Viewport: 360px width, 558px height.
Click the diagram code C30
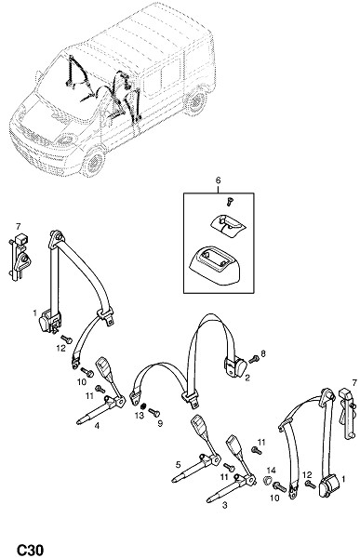coord(31,549)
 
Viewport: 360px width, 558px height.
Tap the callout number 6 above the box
coord(218,180)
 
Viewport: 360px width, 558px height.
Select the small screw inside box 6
coord(229,202)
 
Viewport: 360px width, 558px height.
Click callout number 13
coord(140,416)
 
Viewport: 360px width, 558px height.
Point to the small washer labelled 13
coord(144,406)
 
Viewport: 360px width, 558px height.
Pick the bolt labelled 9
coord(154,412)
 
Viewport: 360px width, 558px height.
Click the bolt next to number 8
coord(254,359)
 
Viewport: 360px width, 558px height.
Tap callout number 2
coord(247,378)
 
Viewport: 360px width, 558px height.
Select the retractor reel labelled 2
coord(235,367)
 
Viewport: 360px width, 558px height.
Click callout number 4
coord(97,426)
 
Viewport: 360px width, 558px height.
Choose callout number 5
coord(178,464)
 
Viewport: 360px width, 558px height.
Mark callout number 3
coord(224,505)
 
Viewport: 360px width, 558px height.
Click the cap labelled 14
coord(269,481)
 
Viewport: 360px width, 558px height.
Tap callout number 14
coord(271,470)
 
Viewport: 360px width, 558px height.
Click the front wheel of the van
coord(93,164)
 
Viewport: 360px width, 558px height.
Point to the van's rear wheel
coord(195,101)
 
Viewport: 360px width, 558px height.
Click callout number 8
coord(262,353)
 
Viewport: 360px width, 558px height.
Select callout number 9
coord(160,423)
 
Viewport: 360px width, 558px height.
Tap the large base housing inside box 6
coord(215,265)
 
